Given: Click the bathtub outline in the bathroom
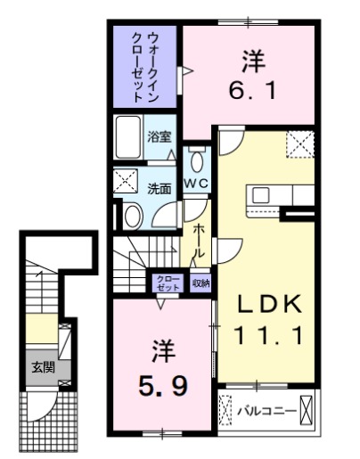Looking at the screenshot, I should [129, 137].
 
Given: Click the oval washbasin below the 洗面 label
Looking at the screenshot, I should [133, 215].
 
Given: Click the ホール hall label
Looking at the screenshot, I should [199, 238].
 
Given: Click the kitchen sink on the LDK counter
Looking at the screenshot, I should [261, 193].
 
